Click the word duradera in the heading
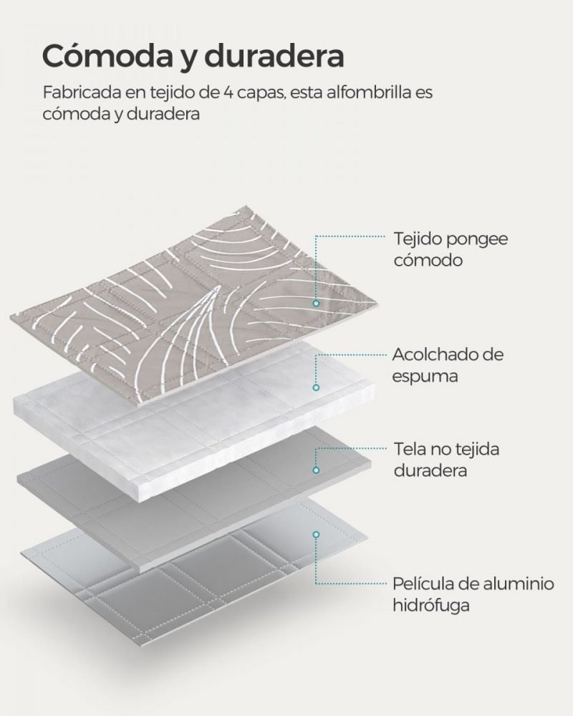coord(274,55)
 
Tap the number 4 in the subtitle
coord(228,92)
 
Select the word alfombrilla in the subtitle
coord(365,92)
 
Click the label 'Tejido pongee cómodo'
coord(451,249)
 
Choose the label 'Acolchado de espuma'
coord(448,365)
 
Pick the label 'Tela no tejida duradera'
coord(446,460)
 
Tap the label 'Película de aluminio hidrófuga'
coord(473,594)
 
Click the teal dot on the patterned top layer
coord(316,303)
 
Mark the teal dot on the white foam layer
coord(316,387)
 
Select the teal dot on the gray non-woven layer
coord(316,470)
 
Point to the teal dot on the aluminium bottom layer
coord(316,534)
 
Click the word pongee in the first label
coord(477,240)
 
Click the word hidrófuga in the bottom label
coord(431,606)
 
